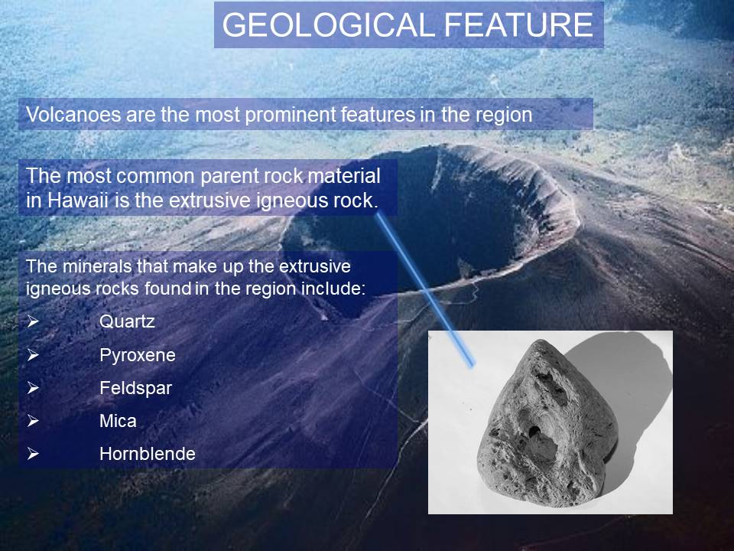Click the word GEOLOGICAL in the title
[x=330, y=24]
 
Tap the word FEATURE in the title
[x=518, y=24]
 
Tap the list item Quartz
[x=127, y=321]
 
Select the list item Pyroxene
[x=137, y=355]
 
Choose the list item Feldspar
[x=136, y=388]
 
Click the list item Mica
[x=118, y=421]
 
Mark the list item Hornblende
[x=148, y=454]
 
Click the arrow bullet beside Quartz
[x=33, y=321]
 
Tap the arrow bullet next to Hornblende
[x=33, y=454]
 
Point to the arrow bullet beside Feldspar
[x=33, y=388]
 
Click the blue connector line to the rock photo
[x=425, y=289]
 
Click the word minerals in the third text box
[x=97, y=266]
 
